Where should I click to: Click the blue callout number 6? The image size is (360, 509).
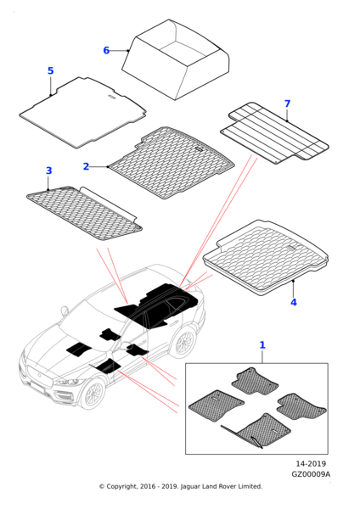[106, 51]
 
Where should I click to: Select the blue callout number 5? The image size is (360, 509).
[50, 70]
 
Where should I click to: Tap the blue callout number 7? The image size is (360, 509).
[287, 103]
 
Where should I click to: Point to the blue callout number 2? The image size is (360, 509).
[86, 166]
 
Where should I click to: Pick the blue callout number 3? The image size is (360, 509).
[48, 171]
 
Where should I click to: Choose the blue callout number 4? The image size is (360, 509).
[294, 302]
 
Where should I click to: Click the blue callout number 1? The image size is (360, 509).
[262, 345]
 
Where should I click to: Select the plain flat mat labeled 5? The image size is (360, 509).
[82, 112]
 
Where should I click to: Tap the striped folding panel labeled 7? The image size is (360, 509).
[274, 132]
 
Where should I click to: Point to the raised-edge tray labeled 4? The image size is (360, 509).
[266, 257]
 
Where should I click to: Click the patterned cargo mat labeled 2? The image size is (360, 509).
[172, 162]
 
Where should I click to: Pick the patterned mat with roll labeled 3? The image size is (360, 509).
[84, 213]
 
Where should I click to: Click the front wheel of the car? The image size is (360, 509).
[93, 394]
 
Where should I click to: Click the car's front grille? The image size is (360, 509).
[39, 376]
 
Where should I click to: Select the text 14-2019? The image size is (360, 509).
[311, 463]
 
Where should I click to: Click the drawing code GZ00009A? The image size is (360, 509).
[311, 474]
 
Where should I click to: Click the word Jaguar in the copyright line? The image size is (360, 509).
[190, 487]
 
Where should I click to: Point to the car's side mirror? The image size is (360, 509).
[65, 310]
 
